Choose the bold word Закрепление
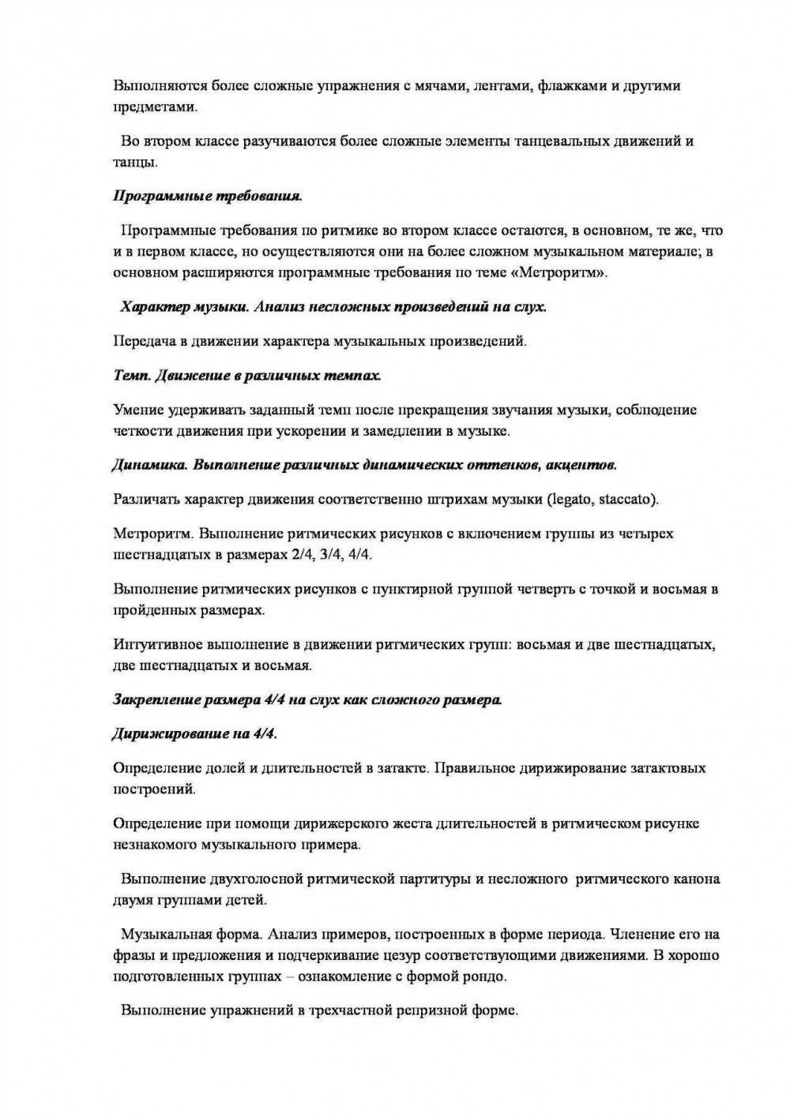(157, 699)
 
